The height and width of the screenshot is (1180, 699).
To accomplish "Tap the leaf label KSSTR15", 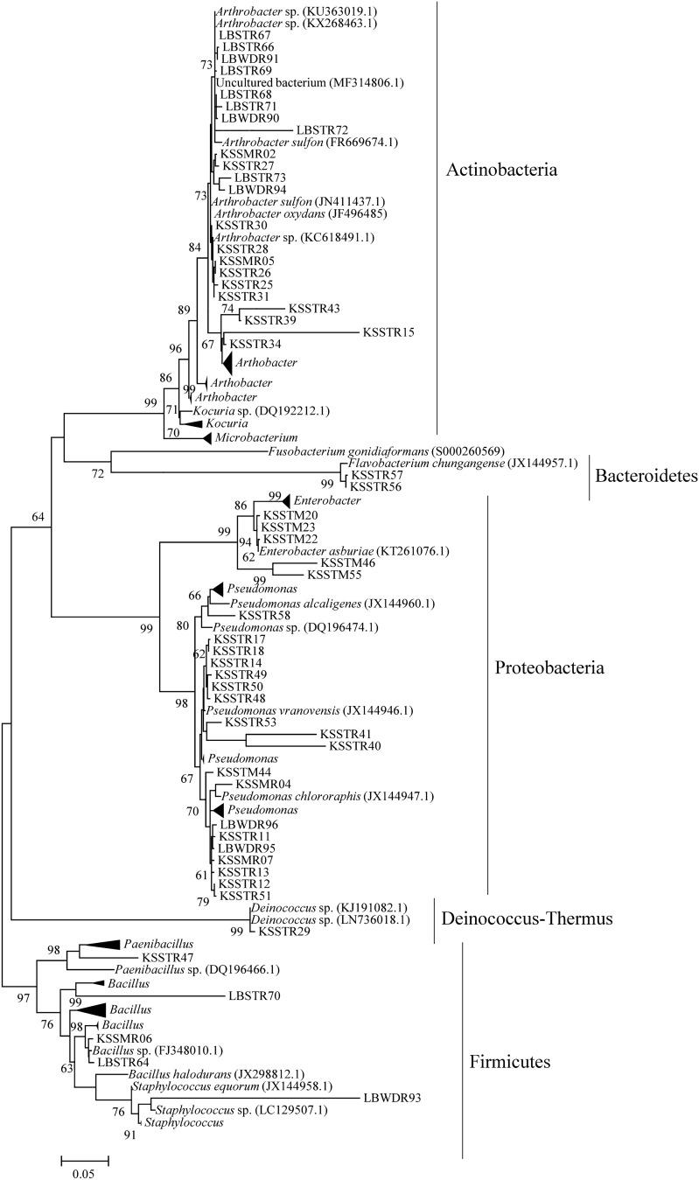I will [388, 332].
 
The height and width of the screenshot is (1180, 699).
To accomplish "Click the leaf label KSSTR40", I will [355, 746].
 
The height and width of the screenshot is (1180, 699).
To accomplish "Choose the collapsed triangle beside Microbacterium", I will [206, 436].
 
